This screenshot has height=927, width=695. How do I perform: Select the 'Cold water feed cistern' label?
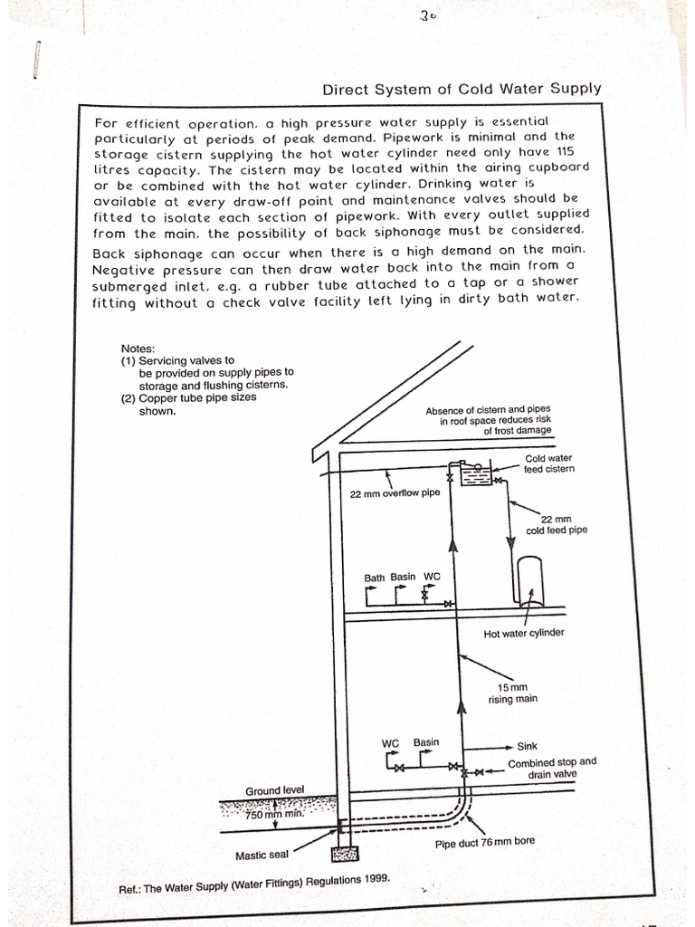549,463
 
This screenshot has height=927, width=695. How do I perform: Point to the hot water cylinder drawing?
528,579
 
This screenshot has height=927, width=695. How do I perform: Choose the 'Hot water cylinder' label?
524,633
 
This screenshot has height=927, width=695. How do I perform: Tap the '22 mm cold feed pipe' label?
557,525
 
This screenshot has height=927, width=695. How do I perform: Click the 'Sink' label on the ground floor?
527,747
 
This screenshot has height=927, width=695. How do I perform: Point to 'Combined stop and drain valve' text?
552,768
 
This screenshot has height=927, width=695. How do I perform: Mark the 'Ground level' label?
275,791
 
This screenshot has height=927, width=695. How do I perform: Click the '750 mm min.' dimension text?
278,814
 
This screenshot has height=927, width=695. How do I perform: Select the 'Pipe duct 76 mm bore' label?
485,842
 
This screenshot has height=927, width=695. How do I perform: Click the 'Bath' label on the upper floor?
375,577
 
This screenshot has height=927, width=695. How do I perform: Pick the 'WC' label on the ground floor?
391,743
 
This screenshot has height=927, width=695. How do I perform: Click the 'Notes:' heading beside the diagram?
138,348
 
